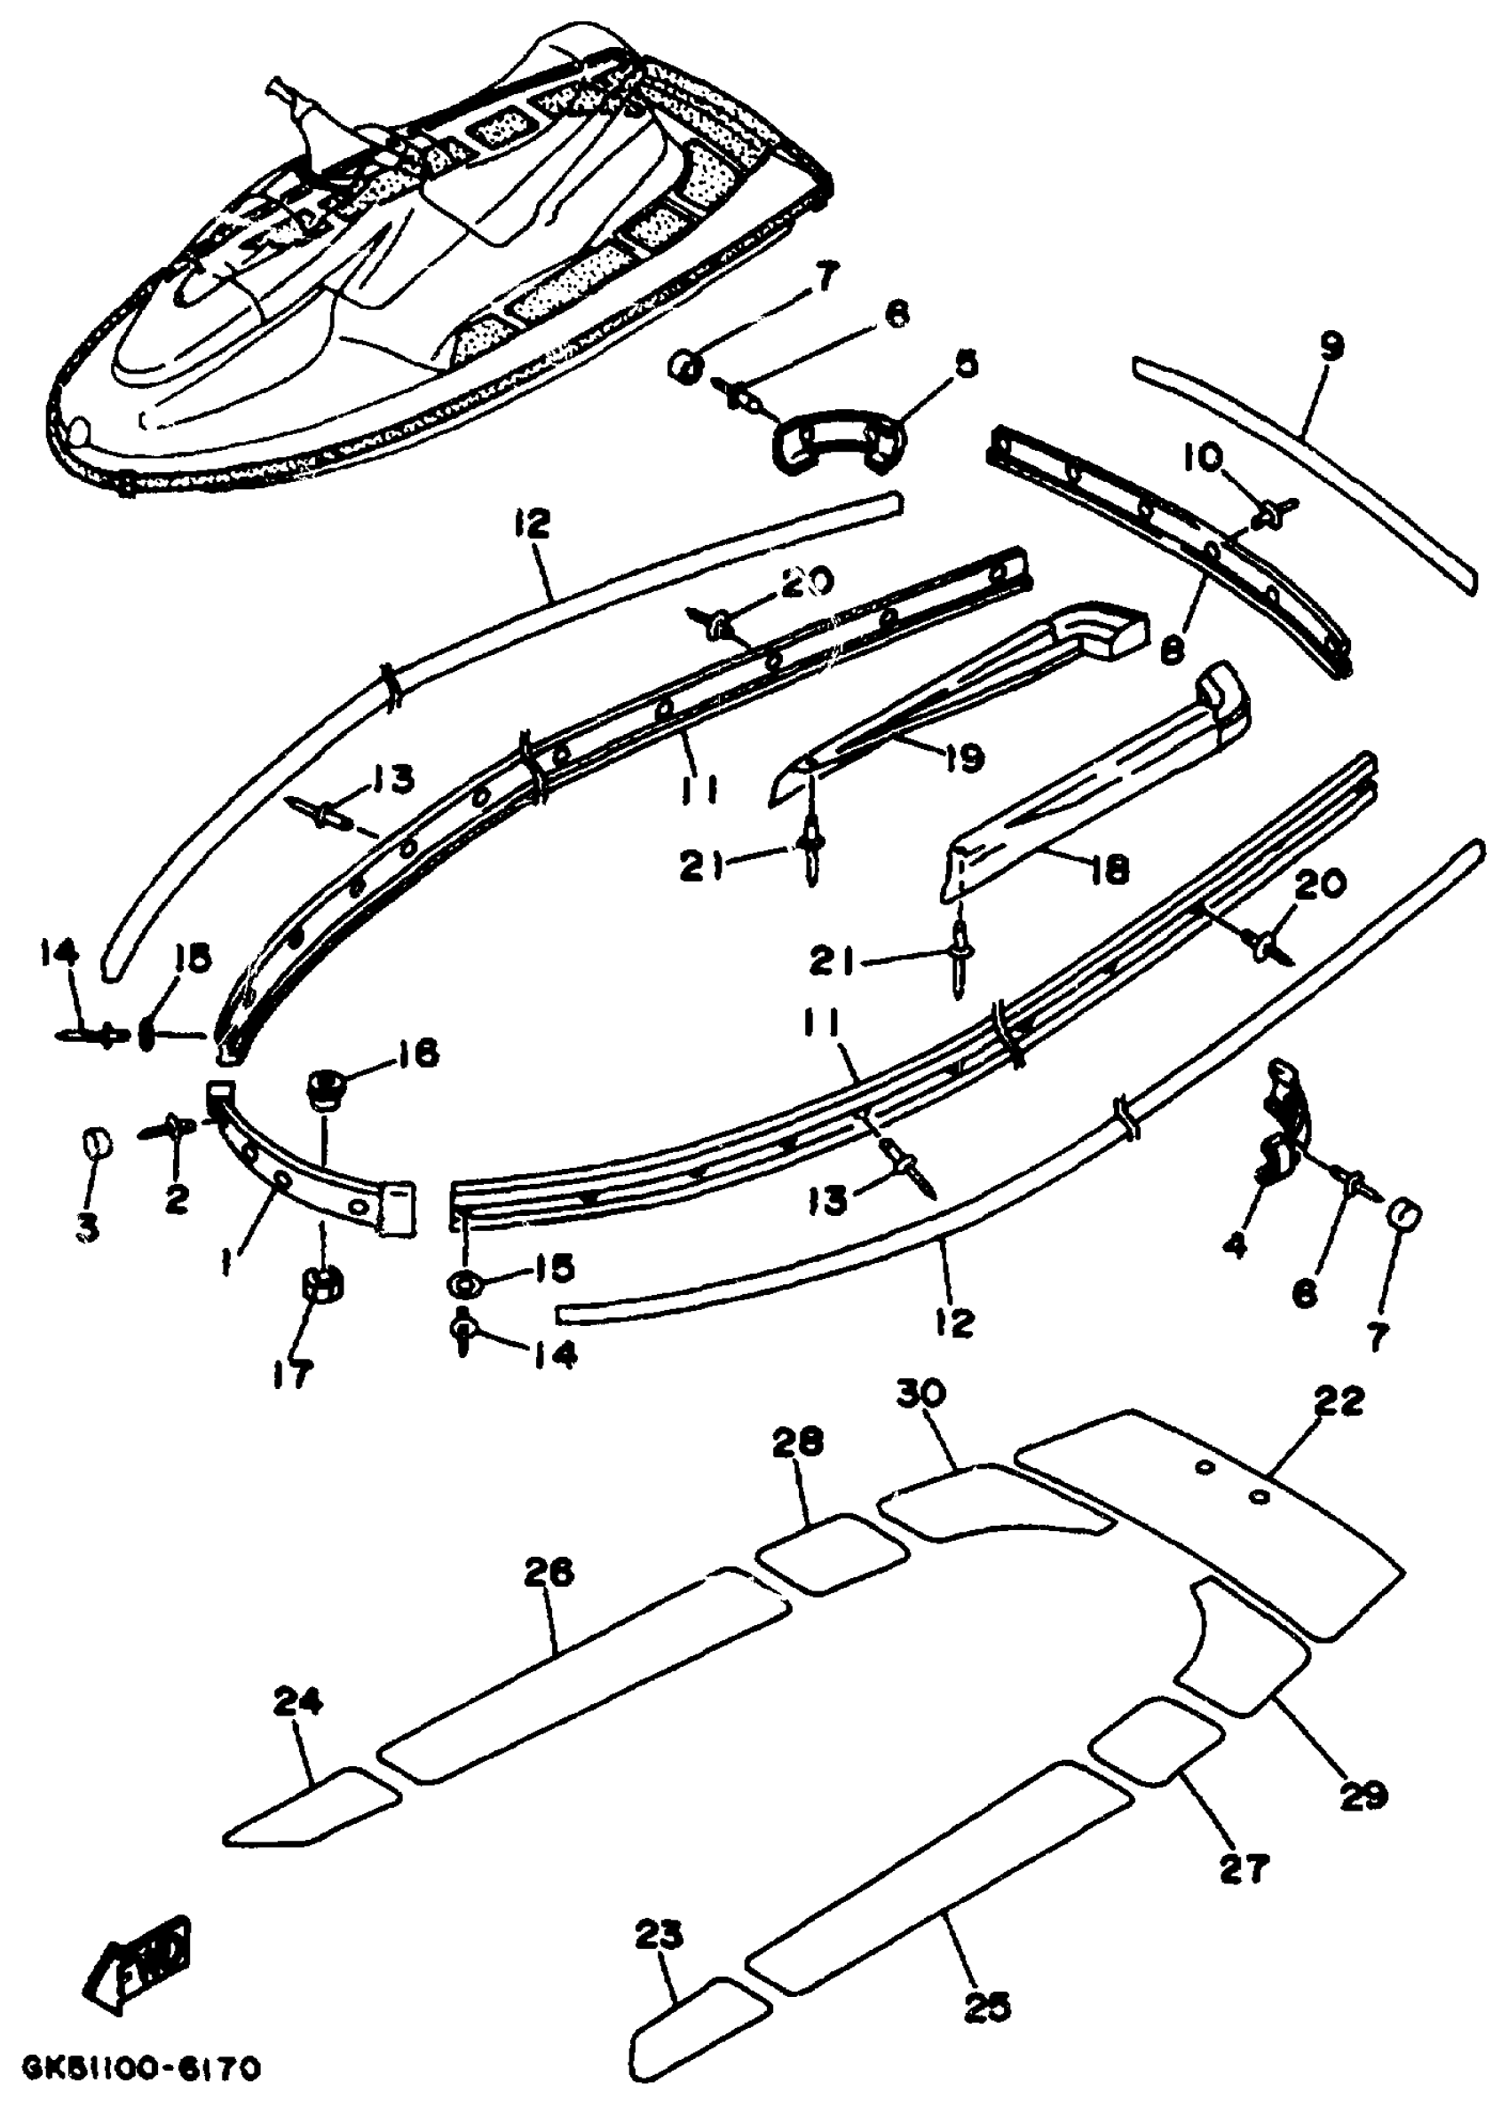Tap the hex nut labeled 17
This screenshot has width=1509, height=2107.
tap(321, 1289)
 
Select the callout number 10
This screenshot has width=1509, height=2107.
tap(1205, 457)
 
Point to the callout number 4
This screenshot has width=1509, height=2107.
tap(1235, 1246)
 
